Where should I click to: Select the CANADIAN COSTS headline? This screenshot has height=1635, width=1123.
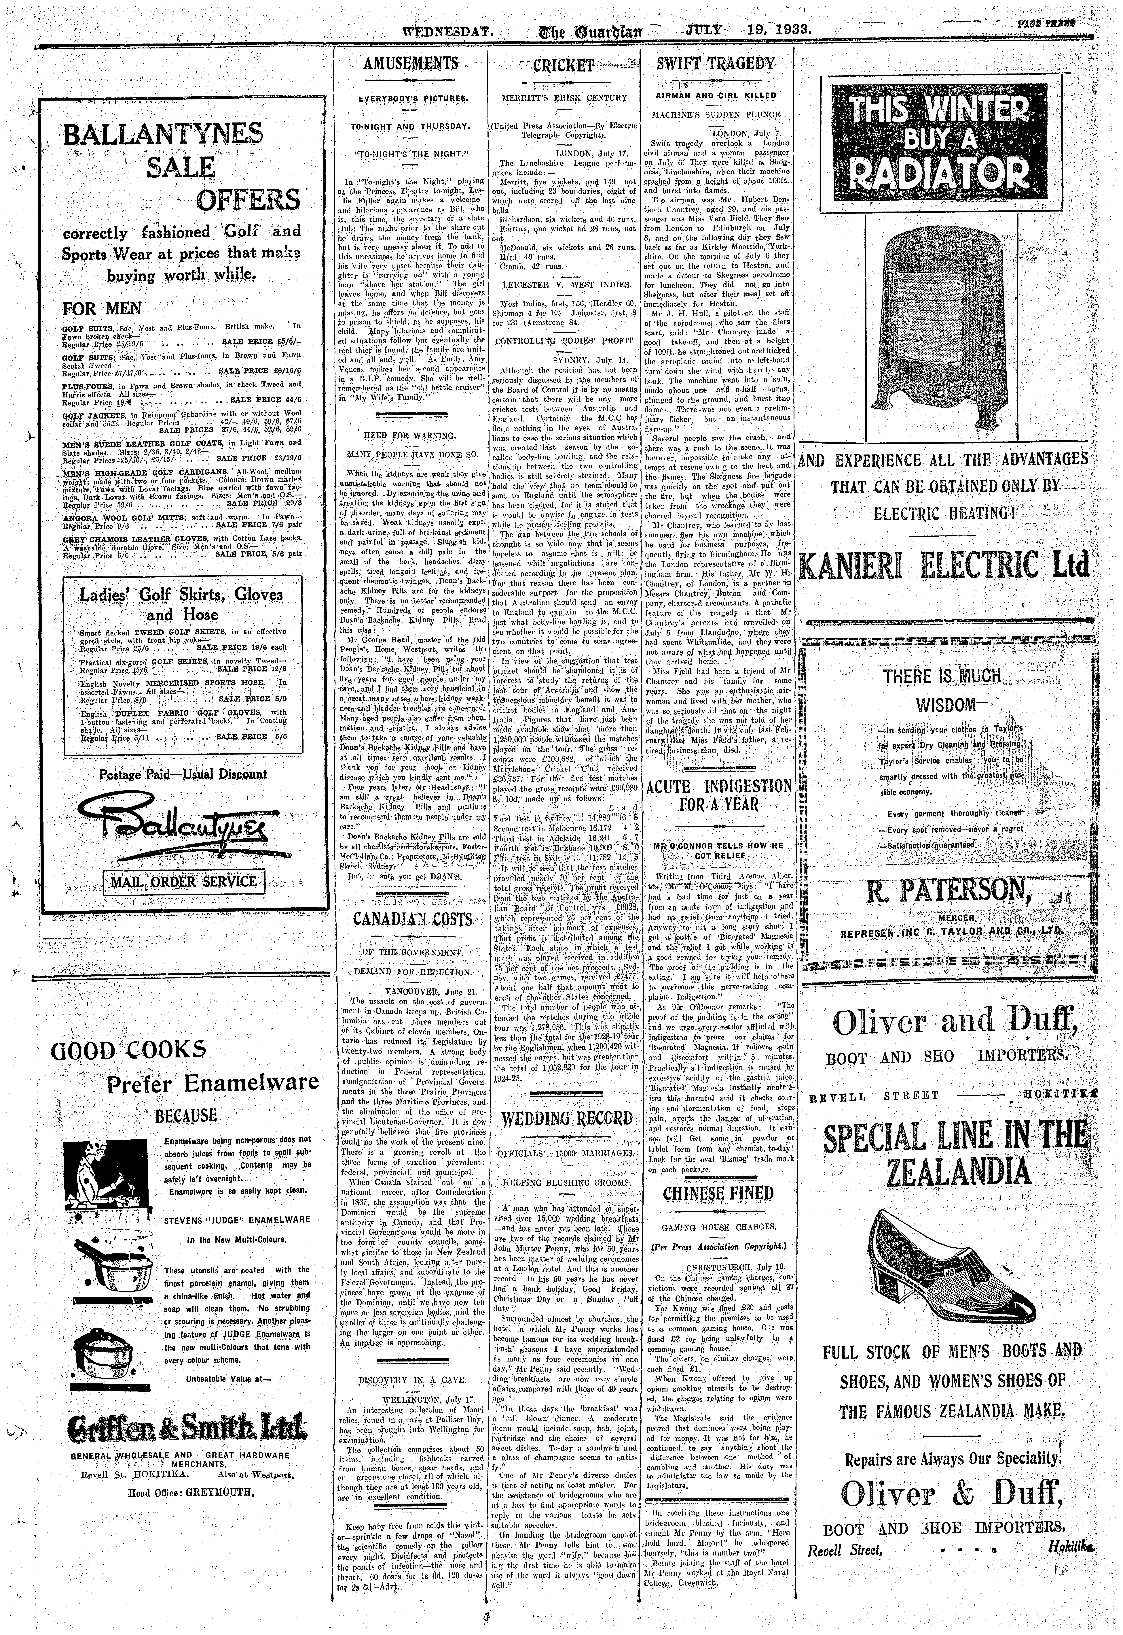click(412, 920)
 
